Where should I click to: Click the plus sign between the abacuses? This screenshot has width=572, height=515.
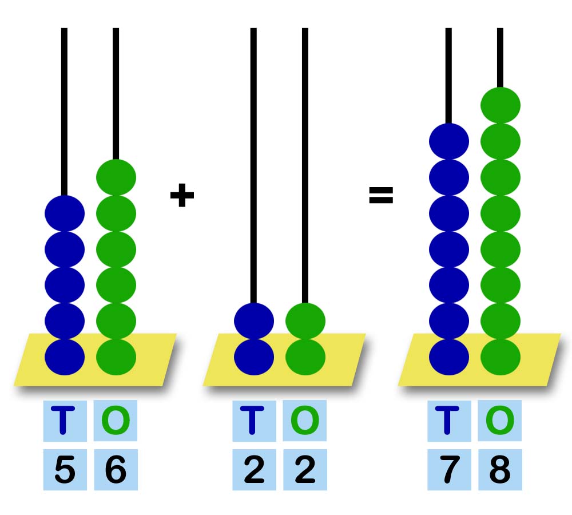click(x=182, y=196)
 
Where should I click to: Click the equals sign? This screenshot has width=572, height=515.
click(x=381, y=196)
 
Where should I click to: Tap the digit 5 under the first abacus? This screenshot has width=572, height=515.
click(x=65, y=470)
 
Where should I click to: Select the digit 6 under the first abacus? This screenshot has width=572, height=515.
click(x=116, y=470)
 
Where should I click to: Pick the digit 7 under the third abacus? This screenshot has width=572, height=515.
click(x=448, y=470)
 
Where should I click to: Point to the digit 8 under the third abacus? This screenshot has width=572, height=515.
click(x=500, y=470)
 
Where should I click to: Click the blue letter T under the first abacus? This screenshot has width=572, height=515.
click(x=65, y=421)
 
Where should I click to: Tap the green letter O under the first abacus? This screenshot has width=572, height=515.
click(x=116, y=421)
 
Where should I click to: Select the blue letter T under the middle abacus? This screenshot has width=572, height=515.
click(x=254, y=421)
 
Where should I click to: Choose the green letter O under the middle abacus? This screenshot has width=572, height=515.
click(x=305, y=421)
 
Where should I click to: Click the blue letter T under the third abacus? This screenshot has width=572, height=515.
click(x=448, y=421)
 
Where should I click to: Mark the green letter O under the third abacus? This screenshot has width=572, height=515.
click(x=500, y=421)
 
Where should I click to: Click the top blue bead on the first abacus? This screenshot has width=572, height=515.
click(x=65, y=213)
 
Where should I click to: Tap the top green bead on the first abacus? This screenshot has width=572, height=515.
click(x=116, y=177)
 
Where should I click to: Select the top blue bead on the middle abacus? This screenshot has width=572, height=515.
click(x=254, y=320)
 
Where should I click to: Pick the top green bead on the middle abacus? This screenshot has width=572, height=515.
click(x=305, y=320)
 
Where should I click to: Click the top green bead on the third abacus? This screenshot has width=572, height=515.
click(x=500, y=105)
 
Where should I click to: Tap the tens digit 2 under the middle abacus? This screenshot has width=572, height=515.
click(x=254, y=470)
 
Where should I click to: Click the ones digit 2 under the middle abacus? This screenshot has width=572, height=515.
click(x=305, y=470)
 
